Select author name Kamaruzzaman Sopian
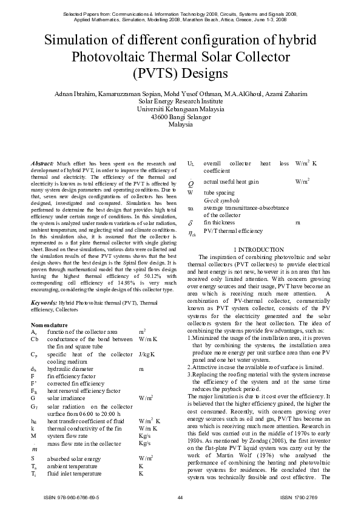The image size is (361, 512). coord(123,94)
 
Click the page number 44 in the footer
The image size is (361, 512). coord(180,498)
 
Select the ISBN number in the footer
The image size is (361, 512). coord(72,498)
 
